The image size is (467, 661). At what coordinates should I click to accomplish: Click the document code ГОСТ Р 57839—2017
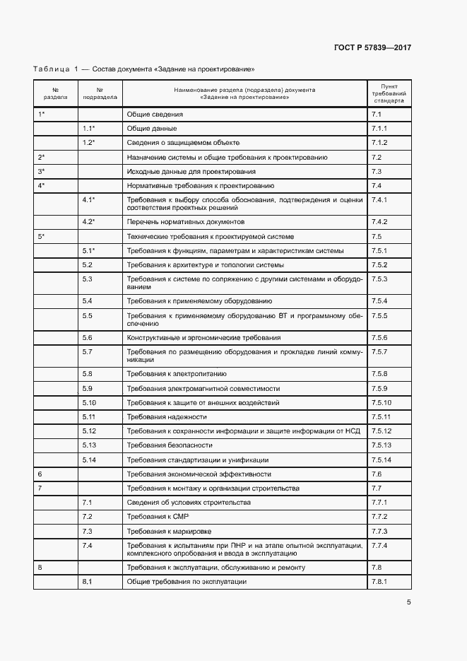[x=372, y=47]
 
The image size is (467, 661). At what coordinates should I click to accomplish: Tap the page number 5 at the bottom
[x=408, y=602]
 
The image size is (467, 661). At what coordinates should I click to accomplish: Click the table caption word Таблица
[x=51, y=69]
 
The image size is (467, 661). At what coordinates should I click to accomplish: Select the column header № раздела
[x=55, y=93]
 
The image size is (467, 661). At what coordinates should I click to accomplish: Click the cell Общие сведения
[x=155, y=114]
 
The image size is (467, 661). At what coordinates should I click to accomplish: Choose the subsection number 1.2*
[x=89, y=143]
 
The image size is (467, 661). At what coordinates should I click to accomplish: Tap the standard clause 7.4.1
[x=380, y=200]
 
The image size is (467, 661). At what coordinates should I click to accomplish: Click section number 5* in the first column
[x=41, y=236]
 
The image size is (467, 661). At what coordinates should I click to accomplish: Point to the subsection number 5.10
[x=89, y=402]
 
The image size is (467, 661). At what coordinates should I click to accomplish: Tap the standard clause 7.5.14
[x=382, y=460]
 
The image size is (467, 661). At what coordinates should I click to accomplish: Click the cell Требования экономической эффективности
[x=199, y=474]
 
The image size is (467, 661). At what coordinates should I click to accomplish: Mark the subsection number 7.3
[x=88, y=531]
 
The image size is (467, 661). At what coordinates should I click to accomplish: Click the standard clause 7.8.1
[x=380, y=581]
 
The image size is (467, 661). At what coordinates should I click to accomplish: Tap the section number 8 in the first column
[x=40, y=567]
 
